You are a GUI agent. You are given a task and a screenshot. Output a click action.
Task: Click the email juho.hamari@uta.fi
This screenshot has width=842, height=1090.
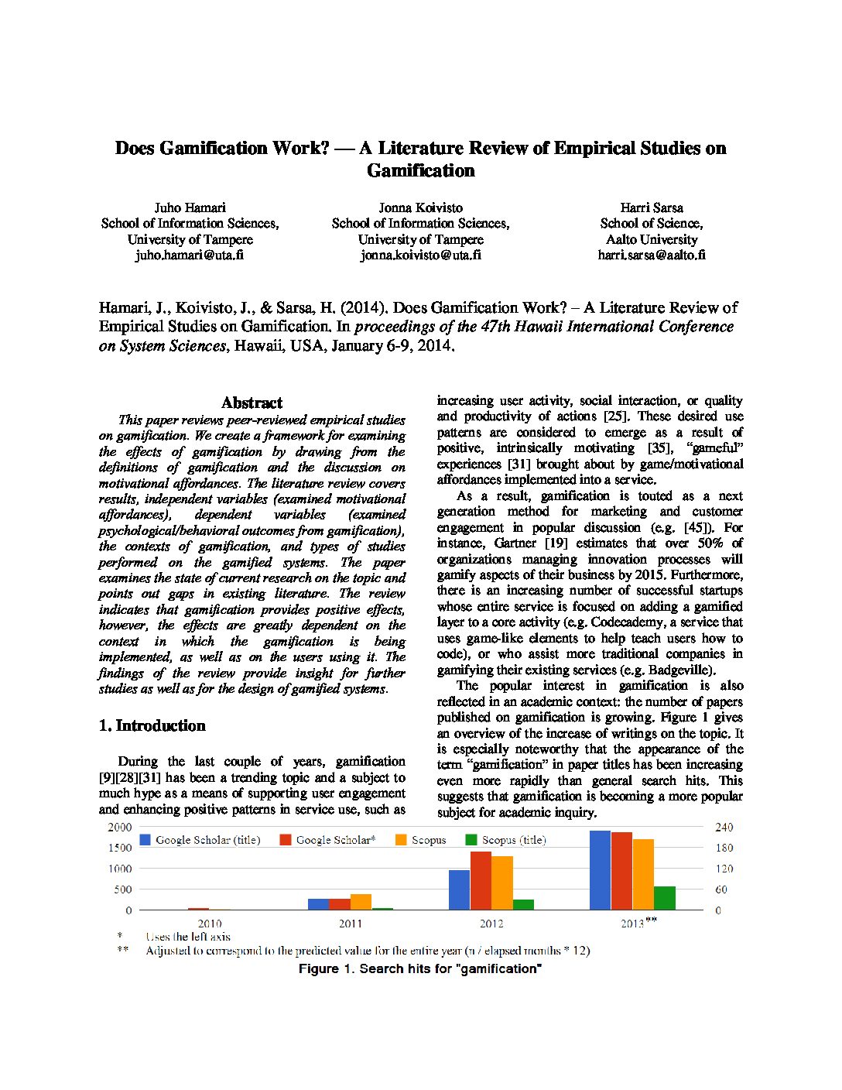point(190,255)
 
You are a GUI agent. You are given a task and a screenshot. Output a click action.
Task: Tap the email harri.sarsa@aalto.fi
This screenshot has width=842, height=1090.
point(652,255)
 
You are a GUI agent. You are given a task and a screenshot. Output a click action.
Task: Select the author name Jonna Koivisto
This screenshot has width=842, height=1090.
point(420,207)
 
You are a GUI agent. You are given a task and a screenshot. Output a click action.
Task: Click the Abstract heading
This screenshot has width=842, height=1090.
point(252,403)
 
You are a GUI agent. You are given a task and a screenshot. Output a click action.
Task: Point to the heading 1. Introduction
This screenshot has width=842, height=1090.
point(152,725)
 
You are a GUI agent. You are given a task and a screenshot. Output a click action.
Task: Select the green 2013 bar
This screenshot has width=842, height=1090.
point(664,898)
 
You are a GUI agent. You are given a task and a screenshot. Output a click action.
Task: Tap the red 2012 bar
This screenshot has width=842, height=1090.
point(481,880)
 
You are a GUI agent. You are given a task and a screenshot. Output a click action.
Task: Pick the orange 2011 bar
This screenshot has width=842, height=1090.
point(361,902)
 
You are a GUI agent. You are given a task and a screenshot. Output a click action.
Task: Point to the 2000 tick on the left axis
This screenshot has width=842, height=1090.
point(120,827)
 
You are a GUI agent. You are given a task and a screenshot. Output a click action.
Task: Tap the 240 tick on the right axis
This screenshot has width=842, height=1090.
point(724,827)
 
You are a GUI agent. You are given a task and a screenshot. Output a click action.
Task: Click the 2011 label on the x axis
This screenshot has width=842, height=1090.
point(350,924)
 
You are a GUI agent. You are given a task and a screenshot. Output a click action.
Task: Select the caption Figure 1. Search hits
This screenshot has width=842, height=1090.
point(420,968)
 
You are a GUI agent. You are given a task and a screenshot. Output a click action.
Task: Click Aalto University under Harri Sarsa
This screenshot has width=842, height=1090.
point(652,239)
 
